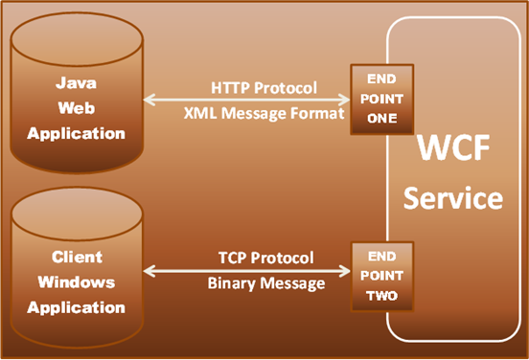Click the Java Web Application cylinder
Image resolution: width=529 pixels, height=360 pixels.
click(x=76, y=105)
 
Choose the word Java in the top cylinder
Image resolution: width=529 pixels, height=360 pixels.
click(x=76, y=83)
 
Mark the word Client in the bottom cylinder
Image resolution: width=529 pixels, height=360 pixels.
click(x=76, y=258)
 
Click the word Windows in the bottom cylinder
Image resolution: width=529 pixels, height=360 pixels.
click(x=76, y=282)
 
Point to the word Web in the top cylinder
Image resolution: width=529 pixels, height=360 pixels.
click(x=76, y=108)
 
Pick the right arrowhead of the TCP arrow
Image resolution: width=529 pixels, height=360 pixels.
click(x=345, y=272)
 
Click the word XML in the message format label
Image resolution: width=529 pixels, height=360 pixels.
click(x=198, y=112)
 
